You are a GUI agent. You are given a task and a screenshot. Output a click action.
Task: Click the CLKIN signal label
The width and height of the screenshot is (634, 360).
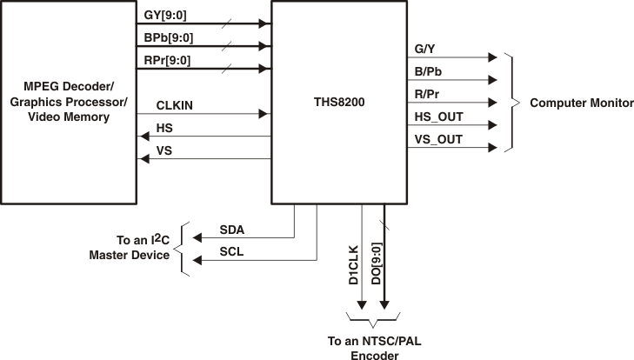pos(175,105)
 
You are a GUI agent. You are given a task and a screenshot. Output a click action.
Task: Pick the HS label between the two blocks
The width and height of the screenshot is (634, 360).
pos(164,128)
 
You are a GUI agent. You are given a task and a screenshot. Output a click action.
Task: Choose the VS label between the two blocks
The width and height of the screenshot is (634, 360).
pos(164,150)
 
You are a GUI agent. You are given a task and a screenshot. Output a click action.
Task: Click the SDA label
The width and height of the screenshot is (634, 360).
pos(232,230)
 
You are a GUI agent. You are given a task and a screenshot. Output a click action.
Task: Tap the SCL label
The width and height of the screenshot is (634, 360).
pos(232,251)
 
